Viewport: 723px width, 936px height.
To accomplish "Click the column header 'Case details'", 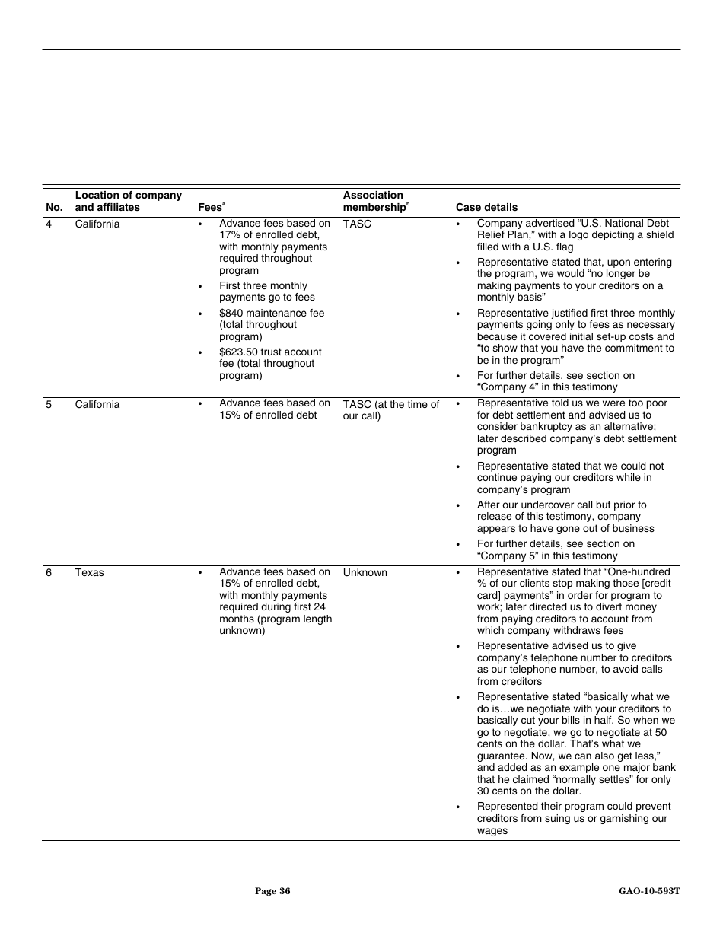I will tap(486, 207).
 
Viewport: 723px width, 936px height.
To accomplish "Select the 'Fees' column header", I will tap(211, 207).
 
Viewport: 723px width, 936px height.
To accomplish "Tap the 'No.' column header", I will tap(54, 207).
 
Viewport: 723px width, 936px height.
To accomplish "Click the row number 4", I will tap(49, 224).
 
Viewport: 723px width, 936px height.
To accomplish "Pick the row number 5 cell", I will tap(49, 404).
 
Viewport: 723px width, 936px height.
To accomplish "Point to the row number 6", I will tap(49, 572).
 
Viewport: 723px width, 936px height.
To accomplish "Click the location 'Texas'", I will tap(89, 572).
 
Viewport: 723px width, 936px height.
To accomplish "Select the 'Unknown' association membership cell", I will tap(365, 572).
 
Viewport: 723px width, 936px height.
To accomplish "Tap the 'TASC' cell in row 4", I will tap(357, 224).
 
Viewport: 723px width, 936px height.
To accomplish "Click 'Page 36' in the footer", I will tap(272, 891).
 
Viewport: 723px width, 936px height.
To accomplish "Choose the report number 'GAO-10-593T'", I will tap(649, 891).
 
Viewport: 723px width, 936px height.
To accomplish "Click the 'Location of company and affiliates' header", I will tap(128, 201).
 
